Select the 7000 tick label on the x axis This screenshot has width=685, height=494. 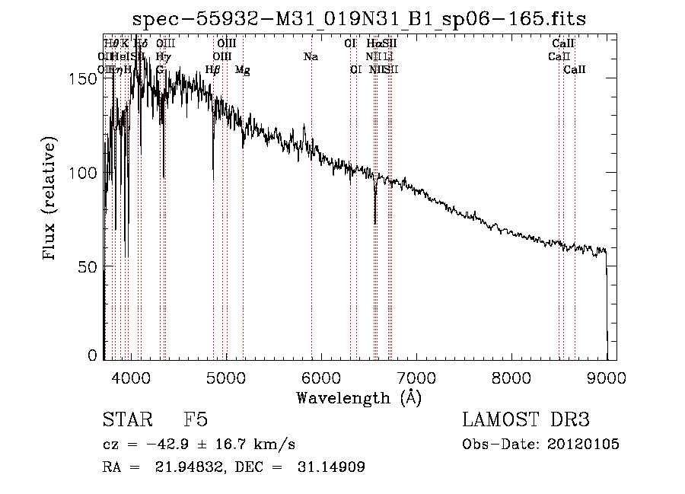coord(416,377)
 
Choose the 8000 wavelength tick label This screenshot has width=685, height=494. coord(511,377)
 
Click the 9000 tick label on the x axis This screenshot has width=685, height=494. coord(607,377)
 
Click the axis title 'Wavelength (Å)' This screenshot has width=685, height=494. coord(358,397)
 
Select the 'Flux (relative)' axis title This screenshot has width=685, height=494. coord(50,199)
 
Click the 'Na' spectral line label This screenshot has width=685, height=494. coord(311,56)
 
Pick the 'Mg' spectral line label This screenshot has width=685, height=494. coord(242,70)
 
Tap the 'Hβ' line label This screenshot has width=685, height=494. coord(213,70)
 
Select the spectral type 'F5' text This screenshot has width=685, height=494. coord(196,420)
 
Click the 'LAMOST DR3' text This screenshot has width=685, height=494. coord(526,420)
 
